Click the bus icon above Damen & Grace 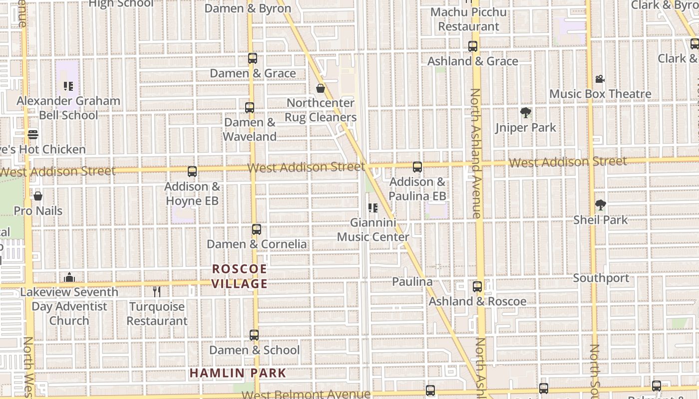[x=252, y=58]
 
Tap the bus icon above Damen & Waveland [x=250, y=107]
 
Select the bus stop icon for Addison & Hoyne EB [x=192, y=172]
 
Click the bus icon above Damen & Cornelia [x=257, y=229]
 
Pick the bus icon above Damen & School [x=254, y=335]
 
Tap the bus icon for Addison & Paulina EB [x=417, y=167]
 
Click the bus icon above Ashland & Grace [x=473, y=46]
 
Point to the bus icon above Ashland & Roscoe [x=477, y=287]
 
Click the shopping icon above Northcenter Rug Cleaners [x=321, y=88]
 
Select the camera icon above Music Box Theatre [x=600, y=79]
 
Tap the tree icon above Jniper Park [x=525, y=113]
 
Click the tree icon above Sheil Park [x=600, y=205]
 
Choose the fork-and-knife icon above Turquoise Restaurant [x=157, y=292]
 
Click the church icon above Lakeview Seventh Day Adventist [x=69, y=277]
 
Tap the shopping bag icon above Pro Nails [x=38, y=196]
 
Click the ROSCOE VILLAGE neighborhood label [x=240, y=276]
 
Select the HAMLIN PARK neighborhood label [x=238, y=373]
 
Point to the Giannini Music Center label [x=373, y=229]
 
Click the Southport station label [x=601, y=278]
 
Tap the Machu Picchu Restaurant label [x=469, y=19]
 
